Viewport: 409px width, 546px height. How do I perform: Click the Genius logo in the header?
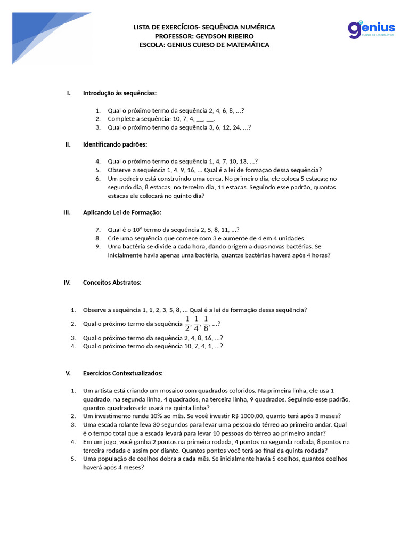click(x=371, y=29)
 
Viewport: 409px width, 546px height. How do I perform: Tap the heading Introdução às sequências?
click(x=120, y=93)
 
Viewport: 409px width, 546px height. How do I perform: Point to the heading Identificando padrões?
click(x=115, y=144)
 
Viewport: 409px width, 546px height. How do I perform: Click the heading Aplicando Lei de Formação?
click(x=122, y=212)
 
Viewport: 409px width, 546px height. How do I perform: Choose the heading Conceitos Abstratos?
click(x=112, y=283)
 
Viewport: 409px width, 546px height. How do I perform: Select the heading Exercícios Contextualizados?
click(x=123, y=373)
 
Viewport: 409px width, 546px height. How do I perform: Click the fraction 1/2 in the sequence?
click(x=187, y=324)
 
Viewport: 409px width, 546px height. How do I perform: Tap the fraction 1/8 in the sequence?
click(x=206, y=324)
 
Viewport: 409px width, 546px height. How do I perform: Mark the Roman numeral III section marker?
click(x=67, y=212)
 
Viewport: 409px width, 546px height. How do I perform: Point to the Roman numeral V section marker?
click(x=68, y=373)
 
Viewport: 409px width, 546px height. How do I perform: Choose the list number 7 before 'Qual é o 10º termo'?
click(x=98, y=230)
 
